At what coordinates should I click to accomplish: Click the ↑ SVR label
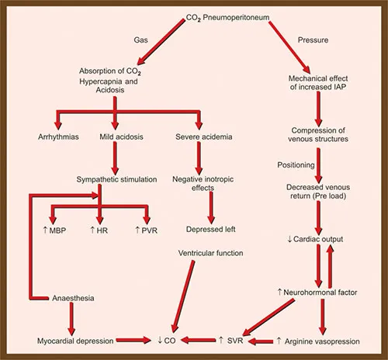pyautogui.click(x=232, y=341)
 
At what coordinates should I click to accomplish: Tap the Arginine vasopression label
pyautogui.click(x=329, y=341)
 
